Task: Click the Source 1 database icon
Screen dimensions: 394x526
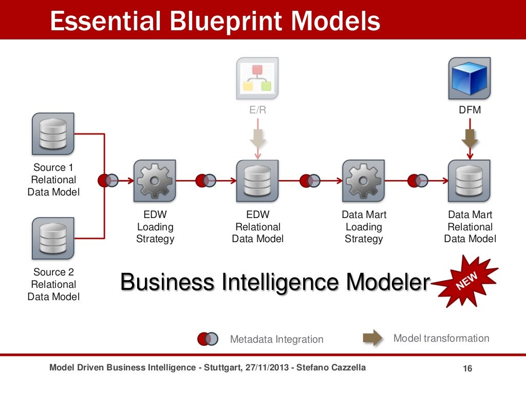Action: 53,134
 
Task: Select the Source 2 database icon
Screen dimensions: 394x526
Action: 53,239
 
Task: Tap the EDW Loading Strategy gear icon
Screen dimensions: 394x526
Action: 155,181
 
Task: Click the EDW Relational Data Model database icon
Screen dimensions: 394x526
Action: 257,181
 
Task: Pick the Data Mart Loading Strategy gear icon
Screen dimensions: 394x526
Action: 363,181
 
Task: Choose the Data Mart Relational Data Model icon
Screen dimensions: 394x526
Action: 469,181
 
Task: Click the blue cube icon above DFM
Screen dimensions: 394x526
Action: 469,78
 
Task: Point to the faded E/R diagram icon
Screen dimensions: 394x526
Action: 257,78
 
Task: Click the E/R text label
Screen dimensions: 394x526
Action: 257,110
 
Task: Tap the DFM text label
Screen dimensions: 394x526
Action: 469,110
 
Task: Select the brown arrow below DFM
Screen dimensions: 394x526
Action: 469,138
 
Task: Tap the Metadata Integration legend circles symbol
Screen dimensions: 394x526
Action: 208,339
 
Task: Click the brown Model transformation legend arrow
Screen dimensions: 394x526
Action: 372,338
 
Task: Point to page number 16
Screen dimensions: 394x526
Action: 467,369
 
